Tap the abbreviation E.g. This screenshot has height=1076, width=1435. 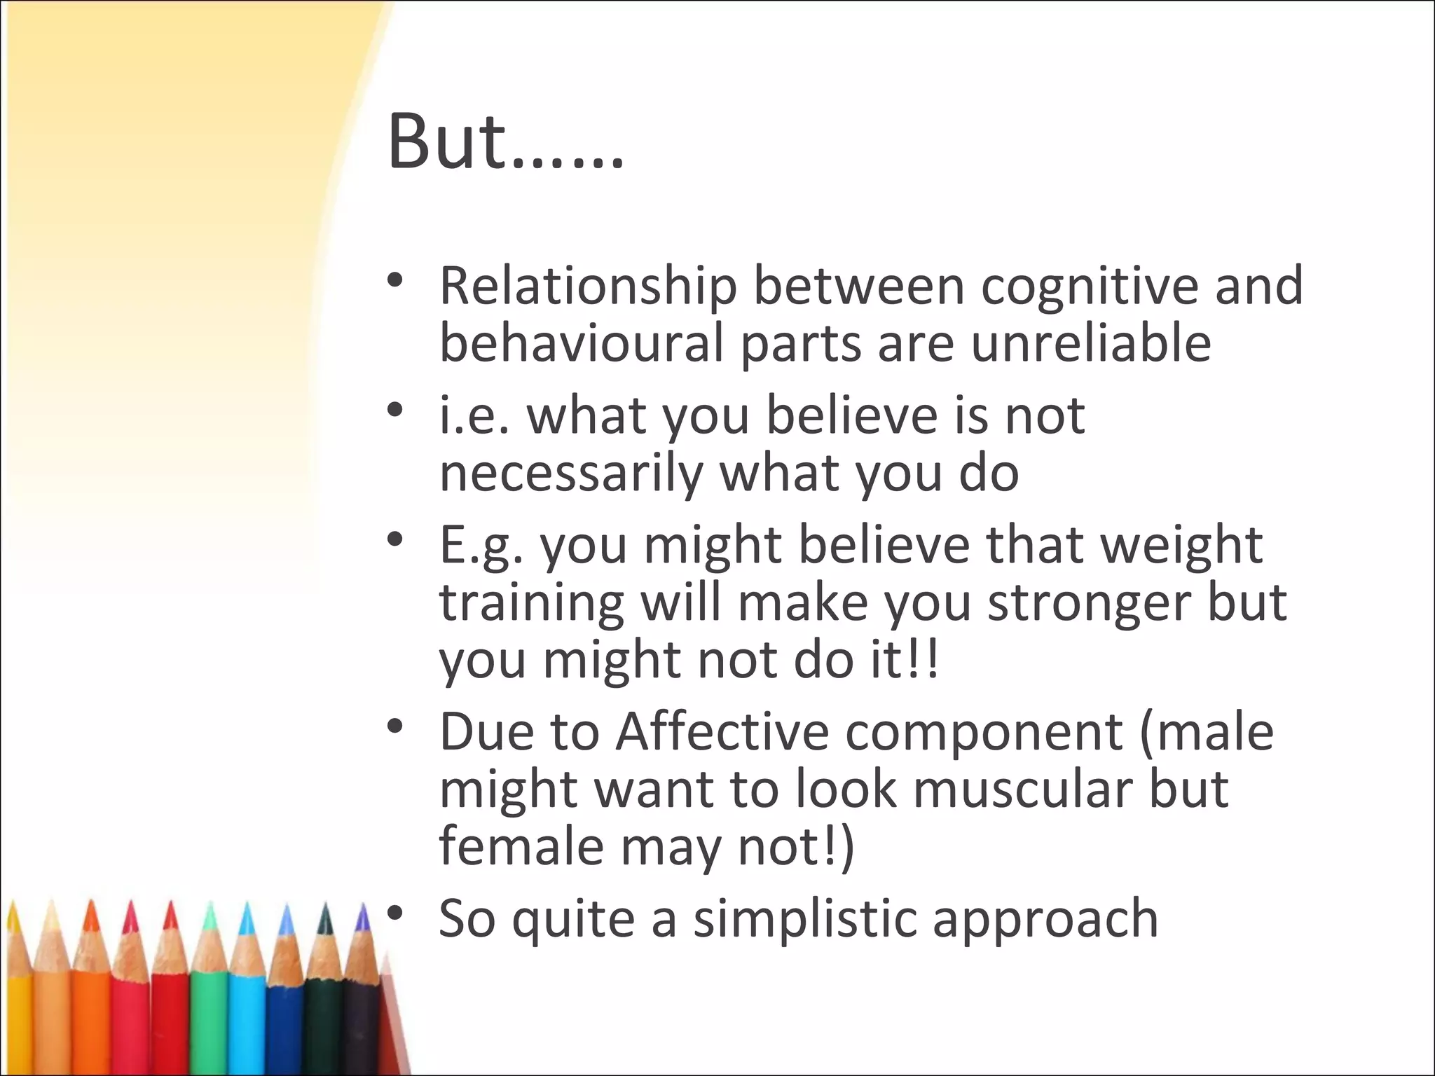(x=481, y=545)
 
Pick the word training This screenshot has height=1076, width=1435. (x=531, y=602)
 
